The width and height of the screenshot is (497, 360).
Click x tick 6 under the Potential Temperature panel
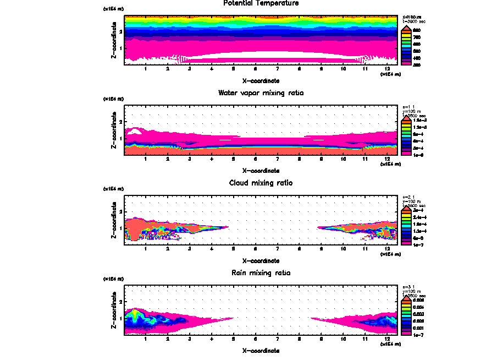point(256,69)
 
